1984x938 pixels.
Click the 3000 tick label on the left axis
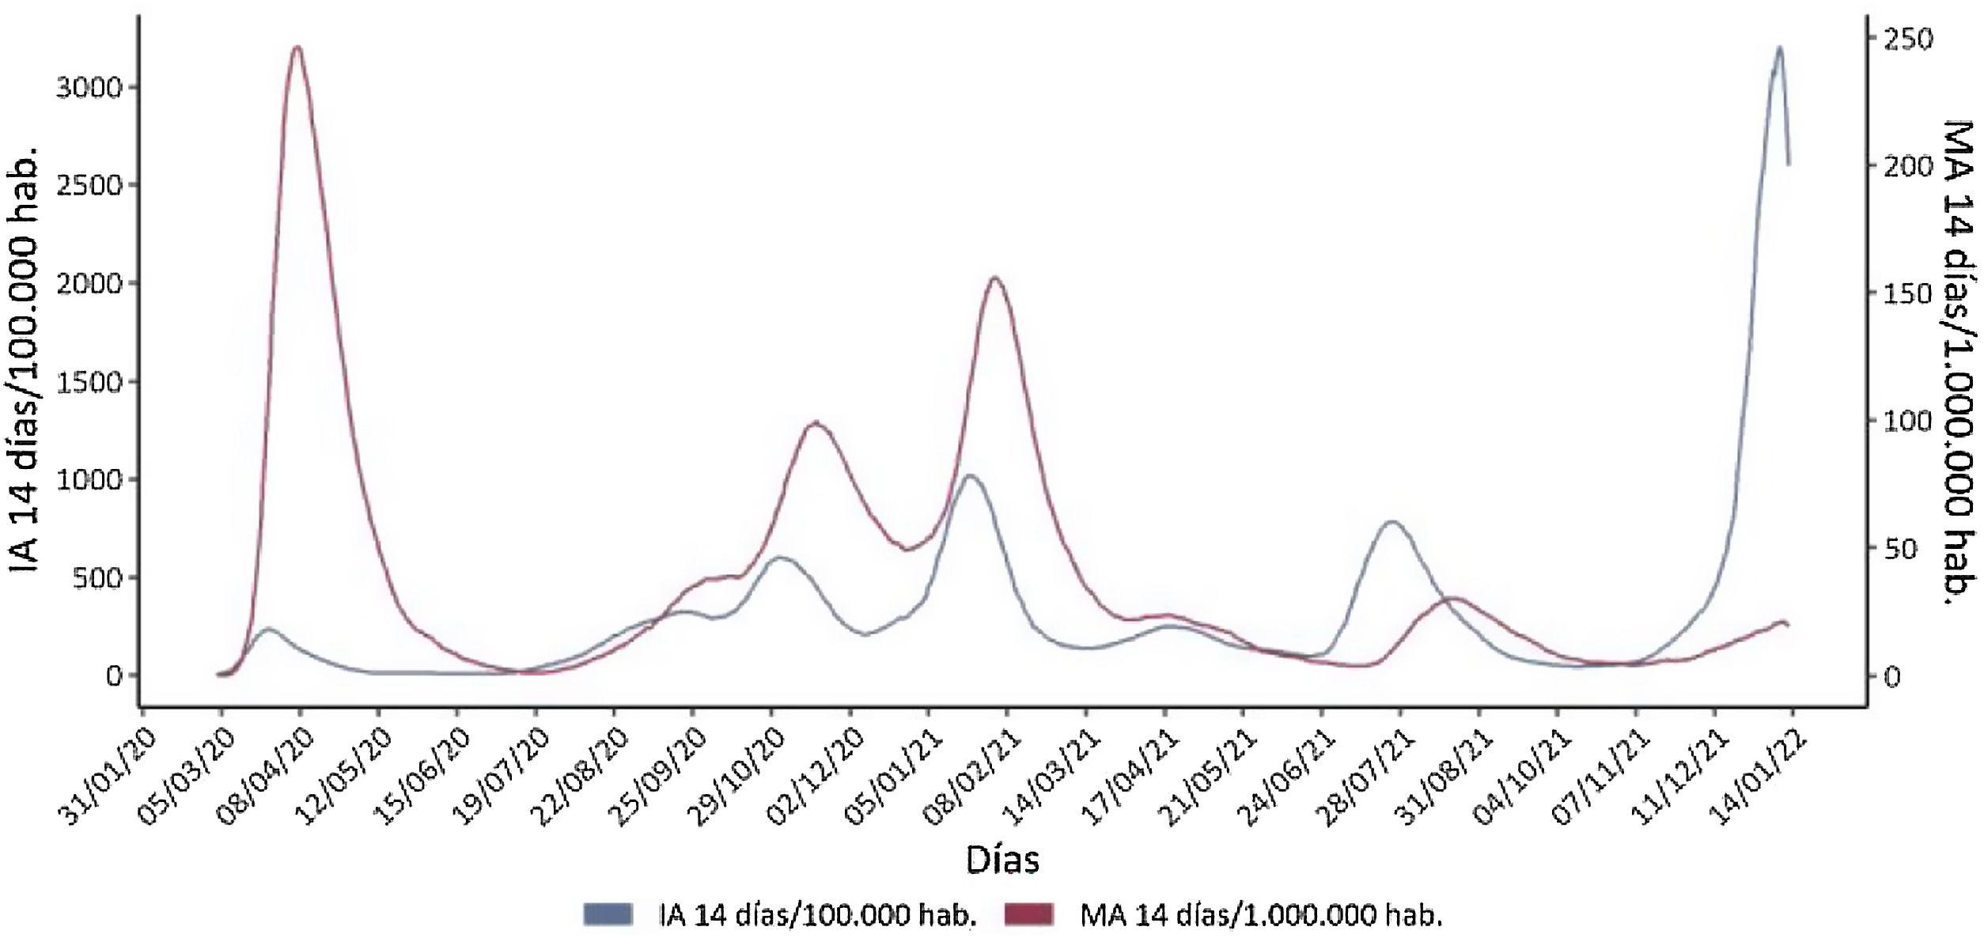89,87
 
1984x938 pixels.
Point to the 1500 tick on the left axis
89,382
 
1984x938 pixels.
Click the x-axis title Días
1001,860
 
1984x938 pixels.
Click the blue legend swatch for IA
608,914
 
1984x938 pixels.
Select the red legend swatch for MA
1029,914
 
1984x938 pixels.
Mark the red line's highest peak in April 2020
297,47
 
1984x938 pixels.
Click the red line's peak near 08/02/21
994,278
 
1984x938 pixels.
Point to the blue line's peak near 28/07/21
1391,522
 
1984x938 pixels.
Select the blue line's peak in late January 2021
970,475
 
